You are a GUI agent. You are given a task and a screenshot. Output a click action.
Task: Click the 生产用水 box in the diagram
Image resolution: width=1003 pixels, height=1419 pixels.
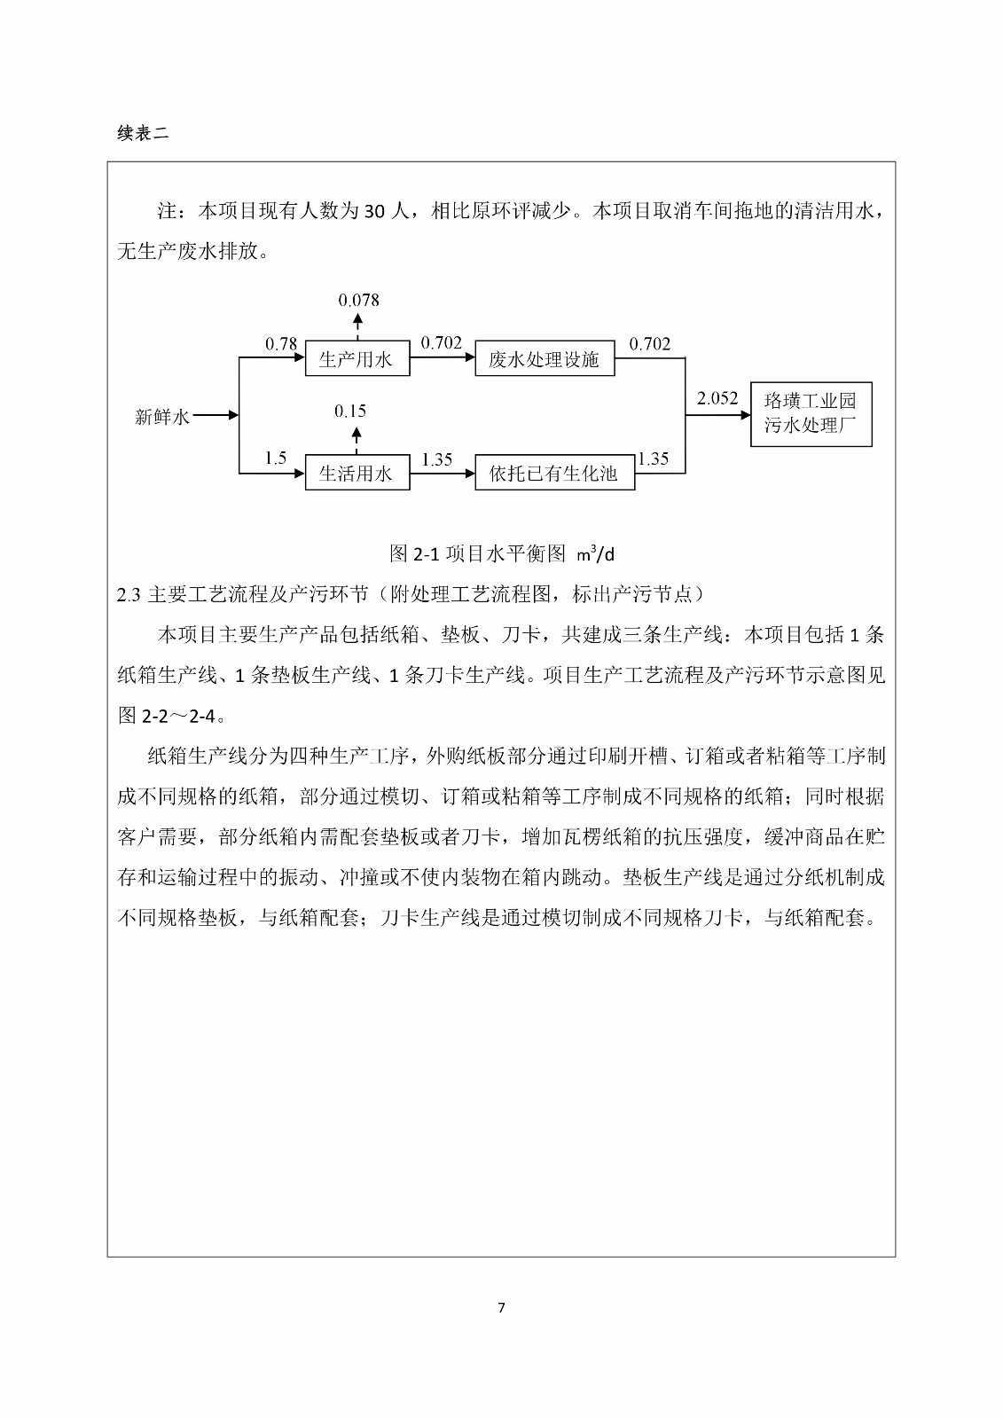tap(357, 358)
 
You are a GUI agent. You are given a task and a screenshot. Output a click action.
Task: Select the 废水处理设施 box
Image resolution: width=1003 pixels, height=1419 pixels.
tap(545, 358)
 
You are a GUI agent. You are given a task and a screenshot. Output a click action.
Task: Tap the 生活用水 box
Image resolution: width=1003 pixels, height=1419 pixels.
tap(357, 473)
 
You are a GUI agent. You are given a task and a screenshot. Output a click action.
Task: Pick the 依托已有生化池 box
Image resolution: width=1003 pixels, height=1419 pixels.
tap(554, 473)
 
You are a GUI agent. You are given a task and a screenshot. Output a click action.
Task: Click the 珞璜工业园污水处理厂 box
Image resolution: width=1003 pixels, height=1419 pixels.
tap(811, 413)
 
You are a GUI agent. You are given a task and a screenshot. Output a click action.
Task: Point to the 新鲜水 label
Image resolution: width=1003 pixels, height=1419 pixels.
tap(161, 416)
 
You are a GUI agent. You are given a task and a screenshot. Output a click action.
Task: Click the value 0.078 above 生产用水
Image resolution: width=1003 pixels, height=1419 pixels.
tap(358, 300)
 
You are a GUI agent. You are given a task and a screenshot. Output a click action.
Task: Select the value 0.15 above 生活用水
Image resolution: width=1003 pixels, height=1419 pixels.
tap(350, 411)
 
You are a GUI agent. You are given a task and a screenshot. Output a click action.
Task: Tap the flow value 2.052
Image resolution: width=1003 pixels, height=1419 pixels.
tap(717, 398)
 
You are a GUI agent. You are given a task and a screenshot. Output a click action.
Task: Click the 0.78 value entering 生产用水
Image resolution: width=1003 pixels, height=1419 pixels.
tap(281, 344)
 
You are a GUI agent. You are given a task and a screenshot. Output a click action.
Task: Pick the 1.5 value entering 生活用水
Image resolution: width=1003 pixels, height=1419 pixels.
tap(275, 459)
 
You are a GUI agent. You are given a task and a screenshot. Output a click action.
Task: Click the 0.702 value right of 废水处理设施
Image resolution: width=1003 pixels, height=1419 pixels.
tap(650, 344)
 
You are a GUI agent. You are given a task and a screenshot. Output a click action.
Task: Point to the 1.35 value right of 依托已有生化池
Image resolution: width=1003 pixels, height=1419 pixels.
tap(653, 459)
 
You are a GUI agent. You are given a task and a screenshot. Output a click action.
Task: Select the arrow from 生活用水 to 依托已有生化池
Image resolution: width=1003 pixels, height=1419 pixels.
tap(442, 474)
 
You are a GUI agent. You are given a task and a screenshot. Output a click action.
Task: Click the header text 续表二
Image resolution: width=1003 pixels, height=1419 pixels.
tap(142, 133)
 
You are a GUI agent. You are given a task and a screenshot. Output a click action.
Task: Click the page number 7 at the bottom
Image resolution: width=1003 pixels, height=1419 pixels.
tap(502, 1307)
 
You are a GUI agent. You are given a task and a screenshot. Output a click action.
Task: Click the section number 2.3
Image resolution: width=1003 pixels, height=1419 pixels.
tap(129, 595)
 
